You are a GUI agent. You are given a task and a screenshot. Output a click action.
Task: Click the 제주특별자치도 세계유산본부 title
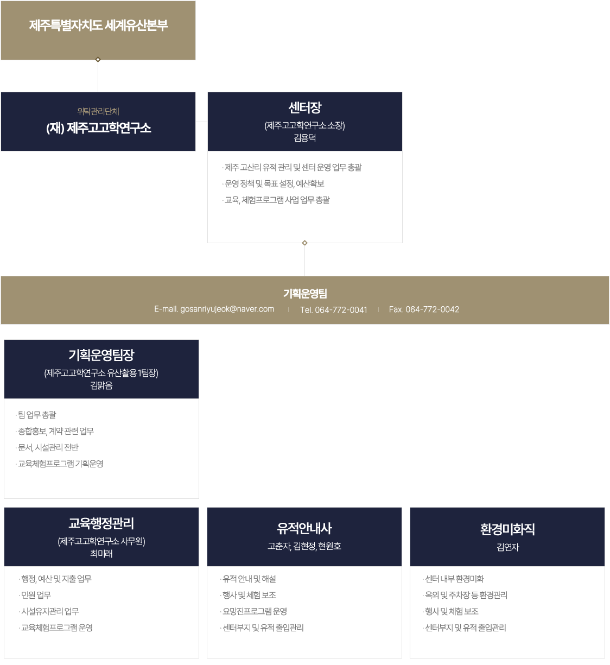[x=98, y=26]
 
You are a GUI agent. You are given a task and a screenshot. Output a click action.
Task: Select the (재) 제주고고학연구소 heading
[x=98, y=128]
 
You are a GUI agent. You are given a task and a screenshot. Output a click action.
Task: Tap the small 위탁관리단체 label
[x=98, y=111]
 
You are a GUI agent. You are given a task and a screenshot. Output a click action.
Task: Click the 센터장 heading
[x=305, y=107]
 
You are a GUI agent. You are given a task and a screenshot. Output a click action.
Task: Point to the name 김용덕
[x=305, y=138]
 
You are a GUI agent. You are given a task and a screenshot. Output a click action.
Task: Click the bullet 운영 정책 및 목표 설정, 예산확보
[x=274, y=183]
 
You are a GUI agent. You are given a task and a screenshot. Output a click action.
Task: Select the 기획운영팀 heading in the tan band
[x=305, y=294]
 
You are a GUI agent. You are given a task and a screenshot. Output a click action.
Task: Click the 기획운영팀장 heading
[x=101, y=355]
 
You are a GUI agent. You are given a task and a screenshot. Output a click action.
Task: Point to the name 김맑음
[x=101, y=385]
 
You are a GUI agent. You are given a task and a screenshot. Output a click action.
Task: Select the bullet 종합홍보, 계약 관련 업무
[x=56, y=431]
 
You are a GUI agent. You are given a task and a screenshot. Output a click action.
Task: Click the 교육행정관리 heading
[x=101, y=523]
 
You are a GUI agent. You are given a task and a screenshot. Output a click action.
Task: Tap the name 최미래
[x=101, y=554]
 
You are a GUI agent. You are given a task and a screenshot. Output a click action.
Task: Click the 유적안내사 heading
[x=304, y=528]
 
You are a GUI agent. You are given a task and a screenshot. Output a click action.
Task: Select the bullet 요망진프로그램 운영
[x=255, y=611]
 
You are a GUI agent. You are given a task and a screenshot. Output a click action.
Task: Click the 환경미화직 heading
[x=507, y=529]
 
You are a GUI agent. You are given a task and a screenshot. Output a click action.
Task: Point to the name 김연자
[x=507, y=547]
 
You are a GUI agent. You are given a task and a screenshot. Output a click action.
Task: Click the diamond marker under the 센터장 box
[x=305, y=243]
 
